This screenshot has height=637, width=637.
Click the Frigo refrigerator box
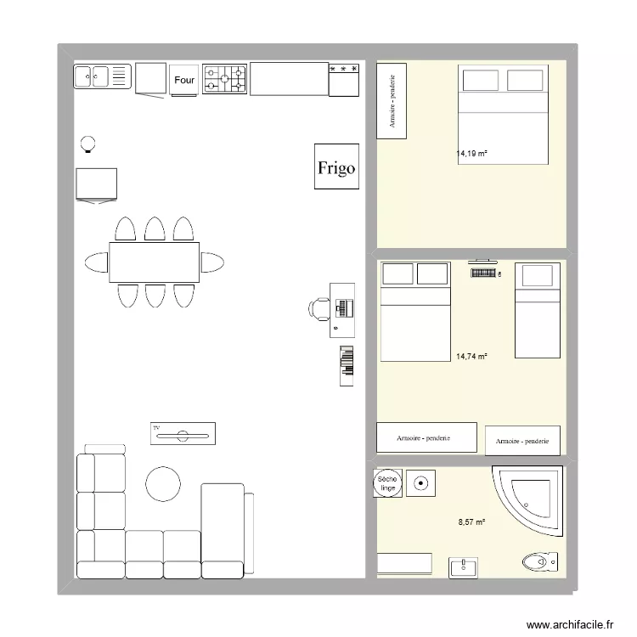coord(336,167)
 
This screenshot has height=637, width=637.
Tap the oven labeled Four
coord(184,80)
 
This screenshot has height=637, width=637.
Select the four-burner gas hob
coord(225,80)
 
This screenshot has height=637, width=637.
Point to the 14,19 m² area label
coord(471,154)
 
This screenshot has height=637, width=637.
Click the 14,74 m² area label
coord(471,358)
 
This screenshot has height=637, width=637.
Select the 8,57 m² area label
coord(471,523)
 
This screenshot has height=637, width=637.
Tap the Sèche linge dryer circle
coord(387,484)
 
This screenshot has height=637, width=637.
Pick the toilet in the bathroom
coord(540,561)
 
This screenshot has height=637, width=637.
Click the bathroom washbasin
coord(464,566)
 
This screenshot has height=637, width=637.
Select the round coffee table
coord(163,483)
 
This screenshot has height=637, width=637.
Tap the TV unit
coord(183,433)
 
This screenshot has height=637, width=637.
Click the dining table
coord(154,262)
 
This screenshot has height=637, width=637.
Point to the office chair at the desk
coord(320,307)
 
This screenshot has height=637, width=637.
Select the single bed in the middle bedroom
coord(538,310)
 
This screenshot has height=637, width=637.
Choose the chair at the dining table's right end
coord(212,262)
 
